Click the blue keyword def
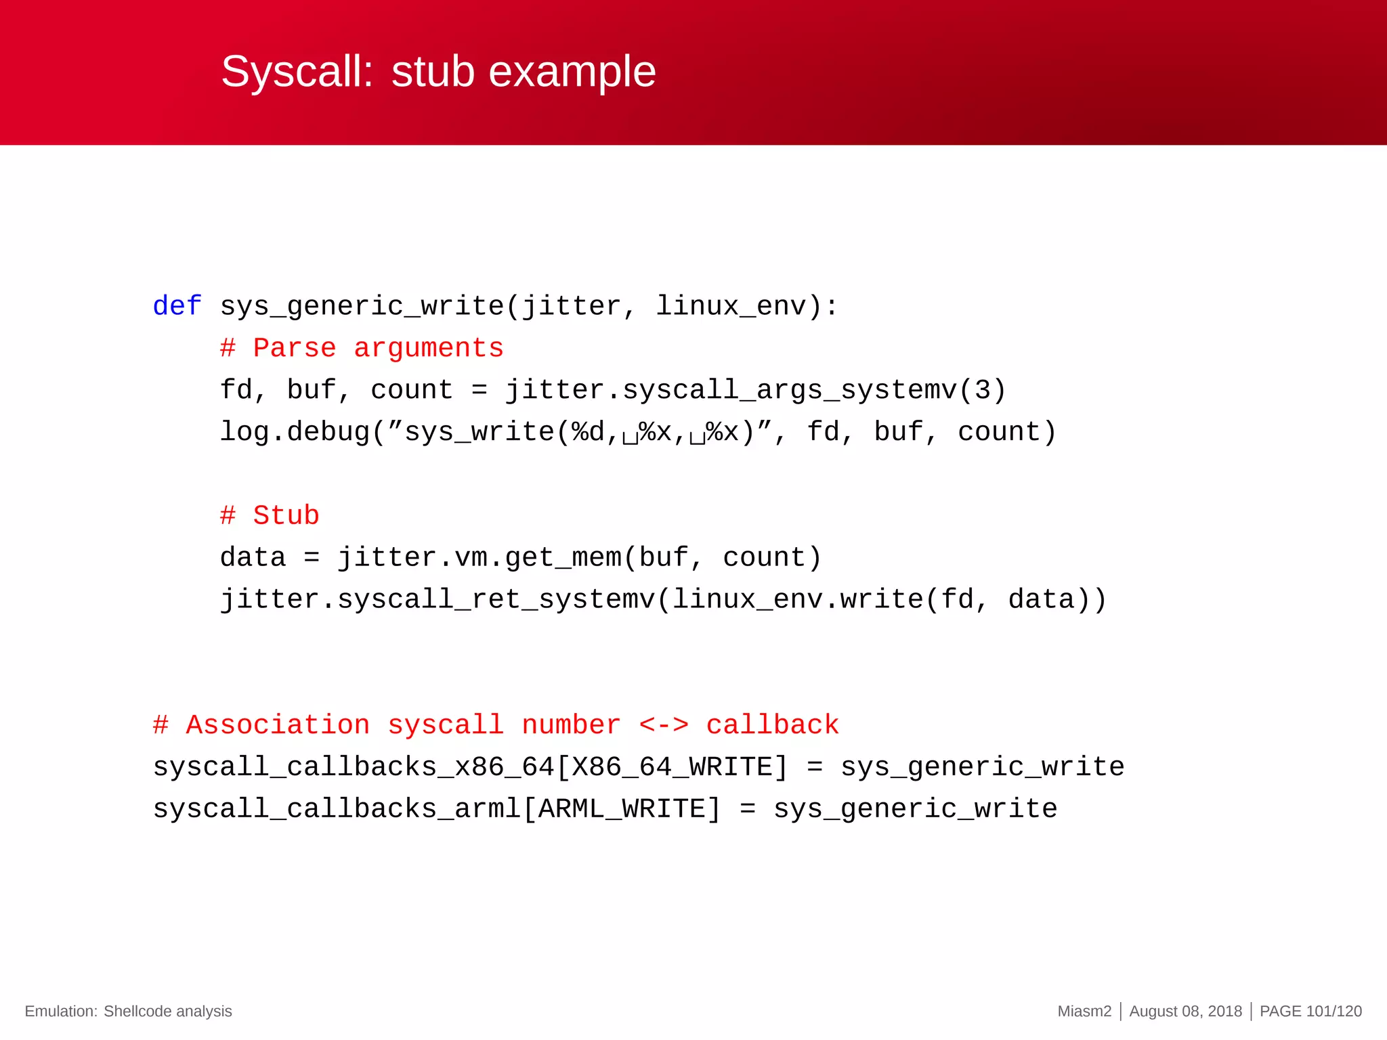(x=177, y=306)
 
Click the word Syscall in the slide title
(x=297, y=71)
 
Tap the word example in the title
(x=572, y=71)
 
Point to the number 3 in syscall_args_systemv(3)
(x=981, y=390)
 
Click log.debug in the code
(x=295, y=432)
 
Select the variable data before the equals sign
(x=253, y=557)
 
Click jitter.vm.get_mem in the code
(x=479, y=557)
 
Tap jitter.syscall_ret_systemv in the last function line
(x=437, y=599)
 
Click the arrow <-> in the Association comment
(x=664, y=725)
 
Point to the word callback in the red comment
(x=772, y=725)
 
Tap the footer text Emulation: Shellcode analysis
(x=128, y=1011)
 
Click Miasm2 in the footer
(x=1084, y=1011)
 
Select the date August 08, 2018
(x=1185, y=1011)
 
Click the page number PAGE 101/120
(x=1310, y=1011)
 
